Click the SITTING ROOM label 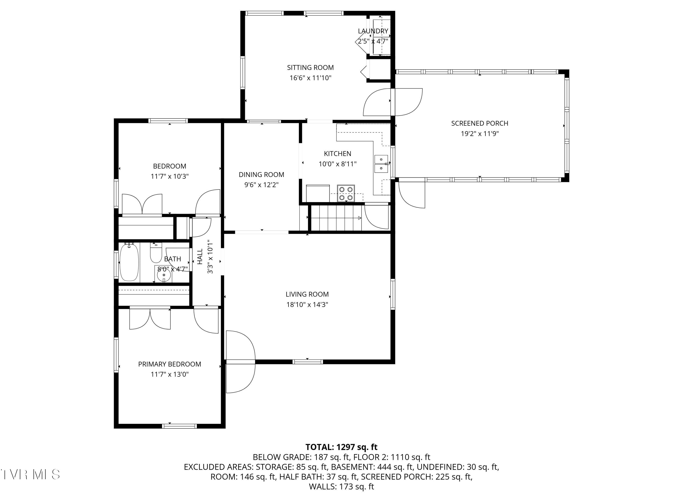pos(310,68)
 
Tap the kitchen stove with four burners pos(346,193)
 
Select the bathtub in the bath pos(129,262)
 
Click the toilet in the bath pos(156,254)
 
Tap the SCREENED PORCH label pos(479,123)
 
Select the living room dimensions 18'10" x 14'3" pos(307,304)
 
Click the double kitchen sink pos(381,164)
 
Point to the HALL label pos(200,257)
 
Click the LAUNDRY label pos(373,31)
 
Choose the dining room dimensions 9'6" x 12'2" pos(261,185)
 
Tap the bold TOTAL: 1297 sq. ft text pos(341,447)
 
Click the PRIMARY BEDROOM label pos(169,364)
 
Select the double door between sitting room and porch pos(393,102)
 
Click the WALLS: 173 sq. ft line pos(341,487)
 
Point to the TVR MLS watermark pos(30,474)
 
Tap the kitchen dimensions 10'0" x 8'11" pos(337,164)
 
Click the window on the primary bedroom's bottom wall pos(179,426)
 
